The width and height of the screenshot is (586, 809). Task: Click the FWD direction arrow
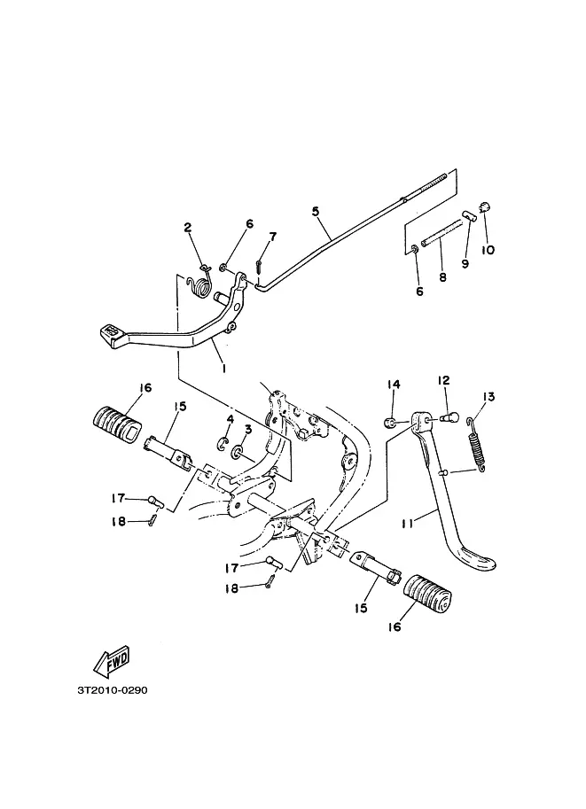[112, 663]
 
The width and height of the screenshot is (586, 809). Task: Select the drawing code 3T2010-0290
[113, 690]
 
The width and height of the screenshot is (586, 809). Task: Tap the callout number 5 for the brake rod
[316, 211]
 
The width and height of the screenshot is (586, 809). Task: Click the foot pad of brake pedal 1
[111, 333]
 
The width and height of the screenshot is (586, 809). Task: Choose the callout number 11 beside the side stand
[408, 523]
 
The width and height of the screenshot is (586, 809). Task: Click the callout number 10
[488, 250]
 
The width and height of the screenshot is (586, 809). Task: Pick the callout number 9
[465, 264]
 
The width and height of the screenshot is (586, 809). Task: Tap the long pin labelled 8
[442, 234]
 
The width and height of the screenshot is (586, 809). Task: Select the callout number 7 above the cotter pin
[272, 237]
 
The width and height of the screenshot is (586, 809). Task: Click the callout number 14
[394, 385]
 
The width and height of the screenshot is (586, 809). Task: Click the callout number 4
[230, 419]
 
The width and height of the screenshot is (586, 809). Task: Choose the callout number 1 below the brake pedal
[223, 369]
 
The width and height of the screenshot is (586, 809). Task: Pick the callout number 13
[488, 397]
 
